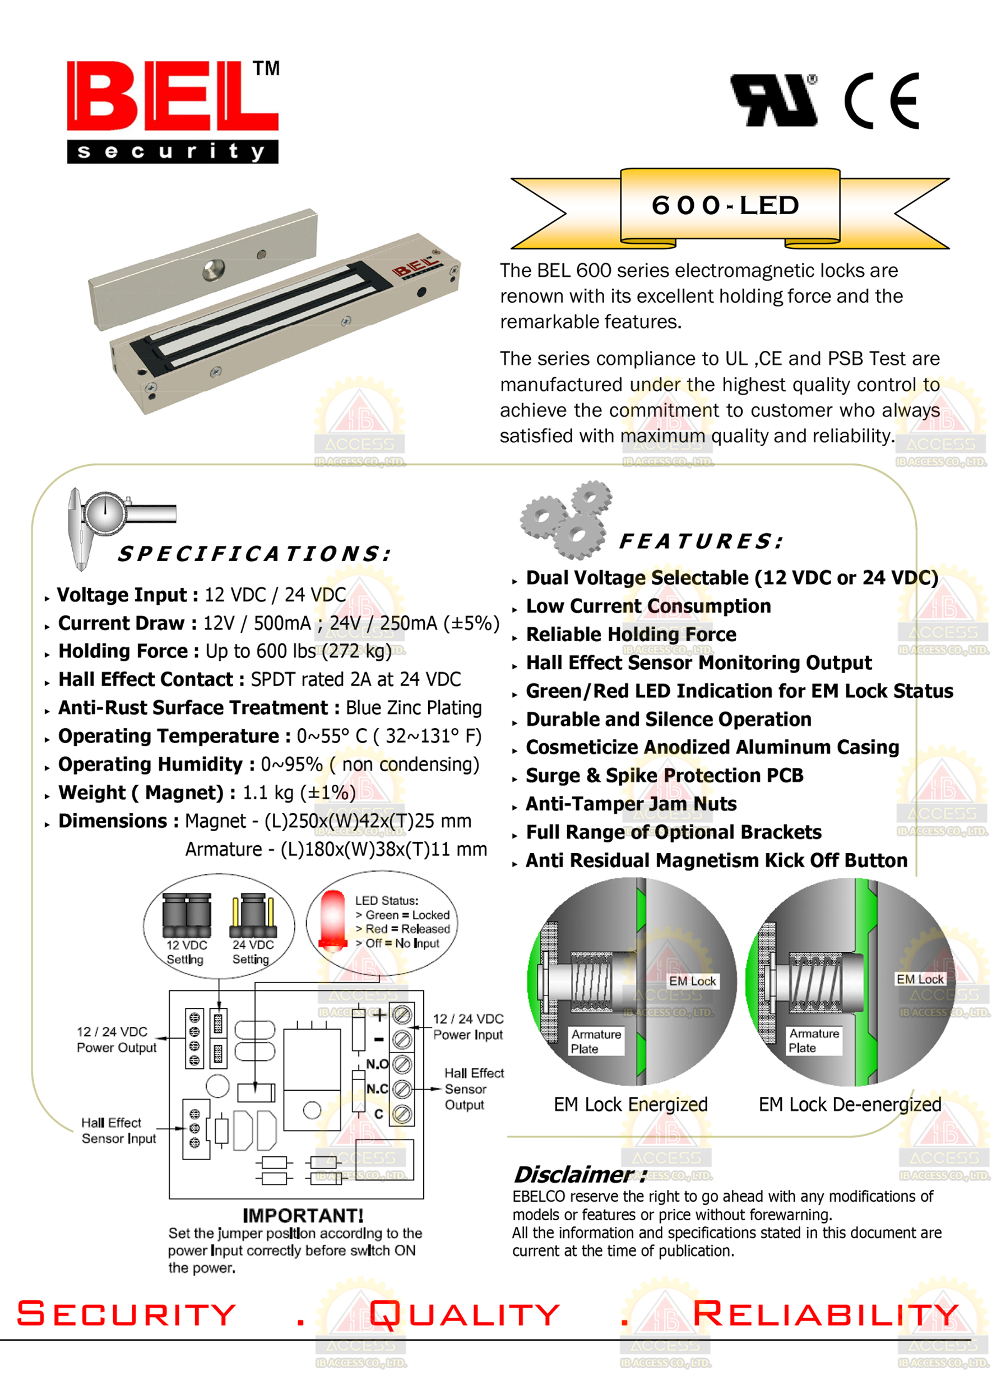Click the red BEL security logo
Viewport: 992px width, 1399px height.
click(x=172, y=111)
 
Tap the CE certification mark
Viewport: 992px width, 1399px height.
click(x=882, y=101)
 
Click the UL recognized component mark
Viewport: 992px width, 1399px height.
click(x=774, y=101)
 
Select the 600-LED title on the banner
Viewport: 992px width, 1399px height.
click(x=725, y=205)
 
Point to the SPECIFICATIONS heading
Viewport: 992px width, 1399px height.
click(x=254, y=554)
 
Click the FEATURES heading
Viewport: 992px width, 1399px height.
click(x=701, y=541)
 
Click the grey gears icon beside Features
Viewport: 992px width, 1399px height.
click(x=566, y=520)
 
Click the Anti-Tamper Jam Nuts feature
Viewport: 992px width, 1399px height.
click(x=631, y=804)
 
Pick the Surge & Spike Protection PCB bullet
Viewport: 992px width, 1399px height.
click(x=664, y=776)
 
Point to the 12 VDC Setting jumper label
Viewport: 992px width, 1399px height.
click(x=186, y=952)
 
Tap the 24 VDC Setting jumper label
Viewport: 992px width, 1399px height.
click(x=252, y=952)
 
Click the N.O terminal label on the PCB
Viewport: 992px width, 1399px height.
click(x=377, y=1064)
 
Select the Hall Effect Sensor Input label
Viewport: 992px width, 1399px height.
click(x=118, y=1130)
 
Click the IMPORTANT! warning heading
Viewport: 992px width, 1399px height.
click(x=303, y=1215)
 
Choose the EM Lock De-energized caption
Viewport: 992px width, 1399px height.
click(x=850, y=1105)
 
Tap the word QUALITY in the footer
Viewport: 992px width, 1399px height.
click(x=465, y=1314)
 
